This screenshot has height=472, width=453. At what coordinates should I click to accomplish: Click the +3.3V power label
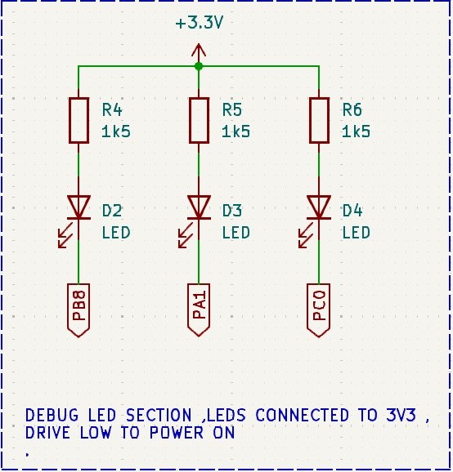click(199, 23)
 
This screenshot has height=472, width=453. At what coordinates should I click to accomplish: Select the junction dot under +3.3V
click(199, 66)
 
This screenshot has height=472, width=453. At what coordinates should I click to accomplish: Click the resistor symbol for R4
click(78, 121)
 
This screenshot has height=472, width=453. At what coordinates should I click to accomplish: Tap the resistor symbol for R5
click(199, 121)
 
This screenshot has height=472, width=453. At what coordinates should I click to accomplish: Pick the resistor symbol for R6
click(319, 121)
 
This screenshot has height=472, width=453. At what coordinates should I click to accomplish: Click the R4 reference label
click(113, 110)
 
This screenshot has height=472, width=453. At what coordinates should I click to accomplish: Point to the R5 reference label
click(233, 110)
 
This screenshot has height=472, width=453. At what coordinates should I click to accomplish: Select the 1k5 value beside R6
click(356, 131)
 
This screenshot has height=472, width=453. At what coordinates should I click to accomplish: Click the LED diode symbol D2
click(78, 208)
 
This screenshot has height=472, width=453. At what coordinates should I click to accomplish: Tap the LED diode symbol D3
click(199, 208)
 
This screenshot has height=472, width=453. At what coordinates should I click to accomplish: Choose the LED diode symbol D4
click(319, 208)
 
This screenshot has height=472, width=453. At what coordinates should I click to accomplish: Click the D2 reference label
click(113, 211)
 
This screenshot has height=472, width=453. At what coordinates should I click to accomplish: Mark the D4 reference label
click(352, 211)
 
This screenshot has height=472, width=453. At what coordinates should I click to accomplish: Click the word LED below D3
click(235, 233)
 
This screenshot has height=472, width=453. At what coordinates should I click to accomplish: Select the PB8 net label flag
click(78, 309)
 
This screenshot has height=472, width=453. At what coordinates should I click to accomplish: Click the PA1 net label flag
click(199, 309)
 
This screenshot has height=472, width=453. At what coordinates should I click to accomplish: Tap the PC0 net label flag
click(319, 309)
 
